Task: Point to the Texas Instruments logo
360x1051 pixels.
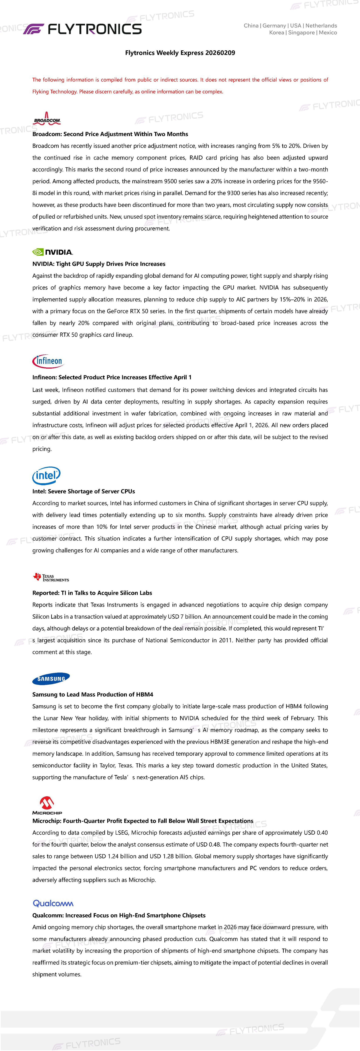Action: coord(51,577)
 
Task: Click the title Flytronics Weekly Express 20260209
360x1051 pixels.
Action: coord(180,53)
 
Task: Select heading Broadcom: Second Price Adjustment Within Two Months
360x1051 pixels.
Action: coord(110,134)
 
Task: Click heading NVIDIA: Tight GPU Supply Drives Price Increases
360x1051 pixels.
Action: coord(99,264)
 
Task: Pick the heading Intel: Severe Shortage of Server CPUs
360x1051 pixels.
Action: coord(84,491)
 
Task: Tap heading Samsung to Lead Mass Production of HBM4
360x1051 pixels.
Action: coord(93,694)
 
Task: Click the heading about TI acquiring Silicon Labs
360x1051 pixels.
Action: coord(92,593)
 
